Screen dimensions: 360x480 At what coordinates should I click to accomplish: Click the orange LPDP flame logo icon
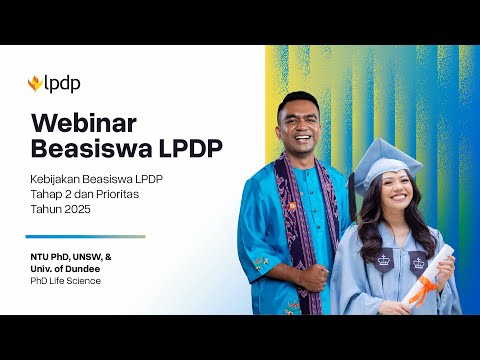coord(35,84)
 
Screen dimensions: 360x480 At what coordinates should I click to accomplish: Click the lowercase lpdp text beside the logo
coord(62,84)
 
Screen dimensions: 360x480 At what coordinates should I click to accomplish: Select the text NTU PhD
coord(49,257)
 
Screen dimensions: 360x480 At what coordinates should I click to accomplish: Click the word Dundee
coord(94,268)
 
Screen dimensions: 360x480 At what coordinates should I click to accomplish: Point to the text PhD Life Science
coord(66,280)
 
